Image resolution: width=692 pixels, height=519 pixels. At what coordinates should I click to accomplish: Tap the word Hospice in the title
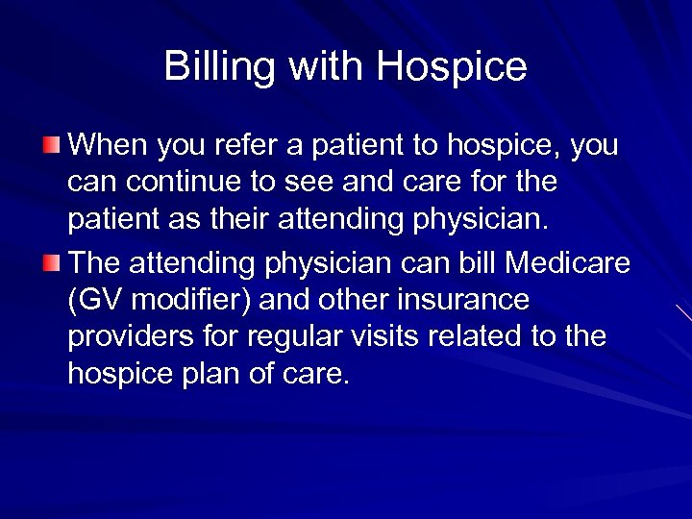coord(452,67)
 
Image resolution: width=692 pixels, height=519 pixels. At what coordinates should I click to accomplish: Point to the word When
coord(108,146)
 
